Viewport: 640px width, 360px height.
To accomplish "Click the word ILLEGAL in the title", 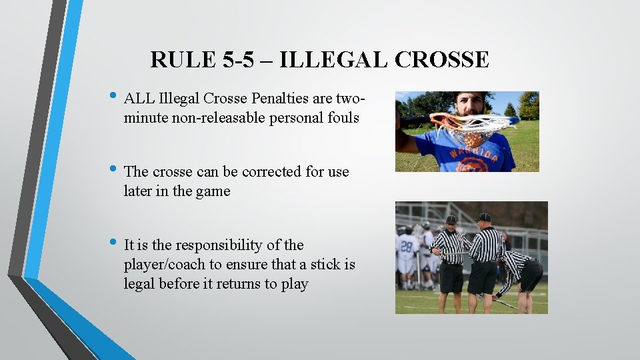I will [333, 60].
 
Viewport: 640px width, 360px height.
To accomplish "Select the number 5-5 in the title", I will [238, 60].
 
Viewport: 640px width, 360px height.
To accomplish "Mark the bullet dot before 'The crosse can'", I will [116, 169].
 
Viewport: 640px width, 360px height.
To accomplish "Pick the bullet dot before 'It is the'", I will [116, 242].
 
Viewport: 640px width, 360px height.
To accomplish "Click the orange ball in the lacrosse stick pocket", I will [471, 139].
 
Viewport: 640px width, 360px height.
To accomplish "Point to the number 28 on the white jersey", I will [405, 245].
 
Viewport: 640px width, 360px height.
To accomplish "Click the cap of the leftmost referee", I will [451, 219].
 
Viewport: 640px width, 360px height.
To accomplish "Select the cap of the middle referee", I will [484, 217].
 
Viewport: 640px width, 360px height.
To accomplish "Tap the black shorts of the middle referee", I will [482, 277].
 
